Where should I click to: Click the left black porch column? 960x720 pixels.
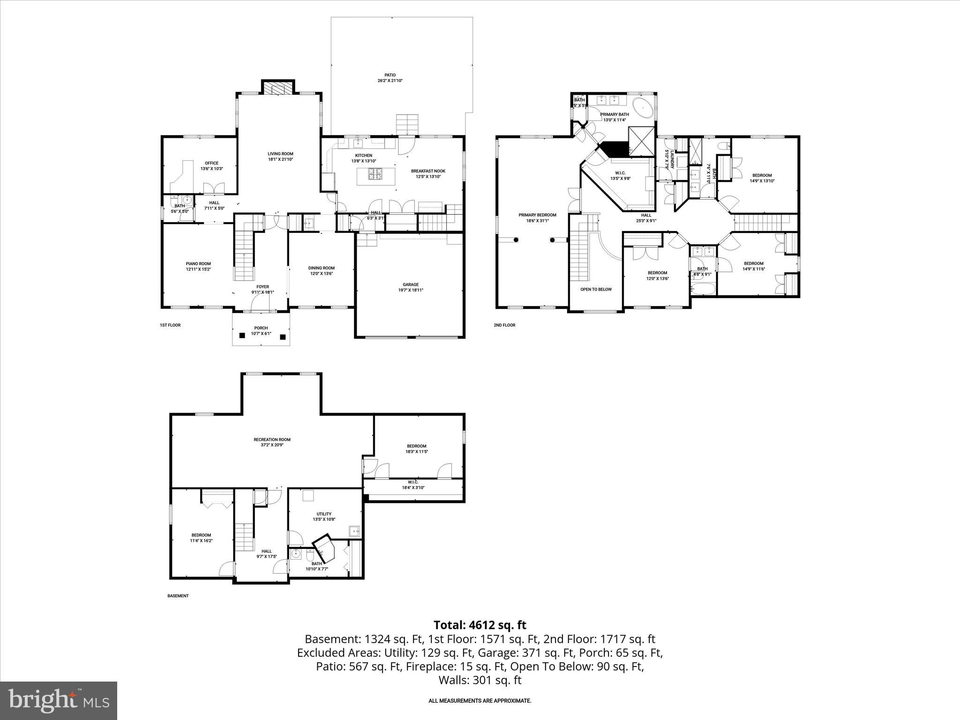(x=242, y=336)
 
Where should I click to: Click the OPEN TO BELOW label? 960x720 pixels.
(x=596, y=289)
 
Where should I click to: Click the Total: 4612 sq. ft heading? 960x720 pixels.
(x=480, y=625)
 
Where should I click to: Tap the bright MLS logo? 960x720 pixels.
(x=59, y=700)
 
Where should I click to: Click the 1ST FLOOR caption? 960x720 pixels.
(x=170, y=325)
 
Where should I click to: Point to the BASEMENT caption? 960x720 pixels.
(x=178, y=596)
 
